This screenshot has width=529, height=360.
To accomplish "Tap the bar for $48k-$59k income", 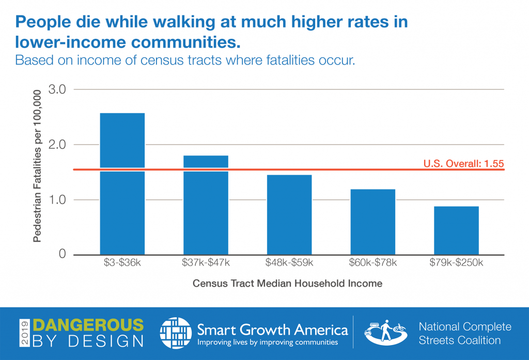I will coord(289,214).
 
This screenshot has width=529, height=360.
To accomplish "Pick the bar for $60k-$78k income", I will coord(373,222).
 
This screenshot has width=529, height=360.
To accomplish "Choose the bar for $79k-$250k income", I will coord(456,230).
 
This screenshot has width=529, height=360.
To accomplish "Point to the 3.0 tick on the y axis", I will coord(57,89).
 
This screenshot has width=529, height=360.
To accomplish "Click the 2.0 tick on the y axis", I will coord(57,145).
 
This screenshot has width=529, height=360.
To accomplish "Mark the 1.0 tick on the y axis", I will coord(57,200).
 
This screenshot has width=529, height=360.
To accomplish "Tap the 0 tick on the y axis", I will coord(62,255).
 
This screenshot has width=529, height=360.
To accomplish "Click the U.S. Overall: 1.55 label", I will coord(463,164).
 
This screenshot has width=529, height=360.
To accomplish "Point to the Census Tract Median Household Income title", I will coord(287,284).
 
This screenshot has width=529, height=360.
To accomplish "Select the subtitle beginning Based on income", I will coord(185,60).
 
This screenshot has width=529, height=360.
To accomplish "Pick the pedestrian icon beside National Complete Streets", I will coord(385,334).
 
